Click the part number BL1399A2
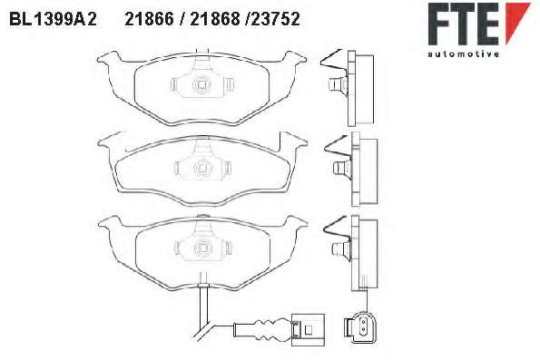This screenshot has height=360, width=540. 53,19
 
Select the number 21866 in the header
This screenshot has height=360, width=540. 149,19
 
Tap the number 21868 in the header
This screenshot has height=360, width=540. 214,19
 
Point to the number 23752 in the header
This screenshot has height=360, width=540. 275,19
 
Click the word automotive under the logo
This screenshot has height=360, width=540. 463,54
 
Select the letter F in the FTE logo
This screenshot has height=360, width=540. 438,24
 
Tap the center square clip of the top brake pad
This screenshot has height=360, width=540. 201,84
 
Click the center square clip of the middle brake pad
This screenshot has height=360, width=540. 201,168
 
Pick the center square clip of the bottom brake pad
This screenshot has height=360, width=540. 201,248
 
